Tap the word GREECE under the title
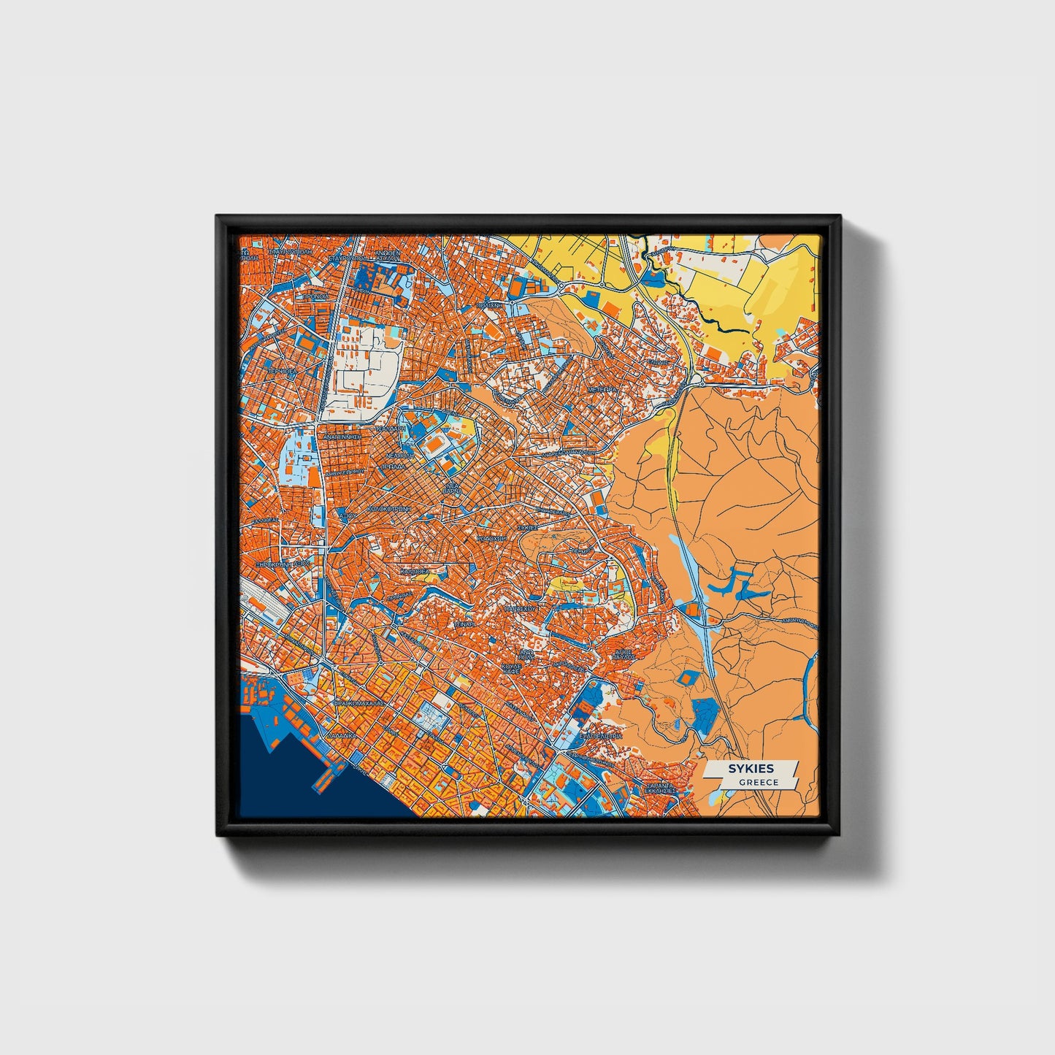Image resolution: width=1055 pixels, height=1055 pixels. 758,783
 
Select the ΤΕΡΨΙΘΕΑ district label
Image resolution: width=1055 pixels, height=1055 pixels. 280,371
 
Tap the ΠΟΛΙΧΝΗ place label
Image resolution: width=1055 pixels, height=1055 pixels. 488,306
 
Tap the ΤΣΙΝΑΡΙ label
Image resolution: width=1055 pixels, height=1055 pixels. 464,626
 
